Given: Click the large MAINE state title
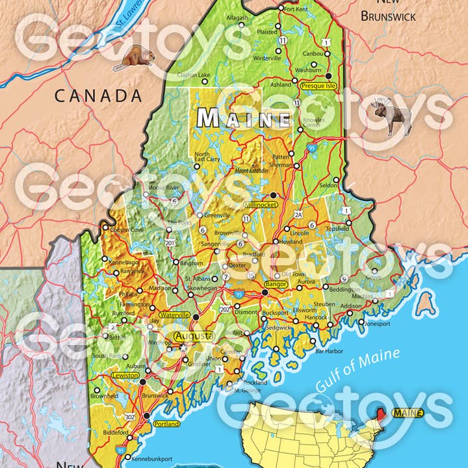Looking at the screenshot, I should pos(244,118).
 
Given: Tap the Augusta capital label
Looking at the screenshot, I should pos(194,336).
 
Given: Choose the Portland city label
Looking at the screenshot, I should pos(167,423).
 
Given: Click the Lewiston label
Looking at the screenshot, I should pos(125,376).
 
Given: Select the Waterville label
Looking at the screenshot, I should pos(175,315).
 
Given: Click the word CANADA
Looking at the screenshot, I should pos(97,96).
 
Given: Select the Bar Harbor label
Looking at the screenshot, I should pos(328,352).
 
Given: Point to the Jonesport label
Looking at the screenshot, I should pos(377,323).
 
